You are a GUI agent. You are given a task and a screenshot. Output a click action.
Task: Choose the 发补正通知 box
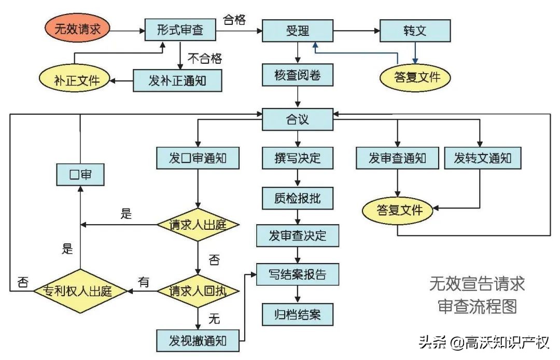[178, 80]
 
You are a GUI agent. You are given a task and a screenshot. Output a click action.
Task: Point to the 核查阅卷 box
[298, 76]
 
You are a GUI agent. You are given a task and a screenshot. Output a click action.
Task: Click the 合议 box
[298, 119]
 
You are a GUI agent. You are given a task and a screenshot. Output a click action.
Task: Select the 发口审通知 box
[198, 158]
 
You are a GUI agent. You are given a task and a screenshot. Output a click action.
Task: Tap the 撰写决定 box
[298, 158]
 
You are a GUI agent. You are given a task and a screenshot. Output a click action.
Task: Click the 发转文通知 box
[482, 158]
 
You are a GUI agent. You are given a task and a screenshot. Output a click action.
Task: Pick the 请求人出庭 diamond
[198, 225]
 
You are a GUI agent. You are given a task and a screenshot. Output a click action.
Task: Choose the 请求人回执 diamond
[198, 291]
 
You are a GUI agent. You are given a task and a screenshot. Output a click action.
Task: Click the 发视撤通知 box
[198, 340]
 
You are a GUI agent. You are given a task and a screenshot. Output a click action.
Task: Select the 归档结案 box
[298, 314]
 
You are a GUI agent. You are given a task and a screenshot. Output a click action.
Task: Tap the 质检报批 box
[298, 197]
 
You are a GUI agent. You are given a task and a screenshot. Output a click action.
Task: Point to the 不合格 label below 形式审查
[204, 58]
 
